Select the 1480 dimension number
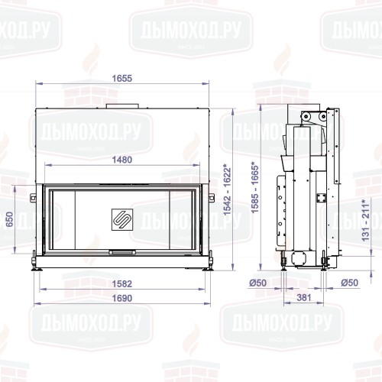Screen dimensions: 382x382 tap(121, 160)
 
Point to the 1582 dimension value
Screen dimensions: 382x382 tap(121, 283)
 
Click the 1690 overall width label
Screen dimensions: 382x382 tap(121, 298)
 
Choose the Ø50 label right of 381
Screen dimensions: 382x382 tap(349, 283)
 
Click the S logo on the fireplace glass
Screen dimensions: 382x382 tap(121, 216)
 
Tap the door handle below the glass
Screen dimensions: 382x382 tap(121, 251)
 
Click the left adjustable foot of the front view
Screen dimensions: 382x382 tap(36, 267)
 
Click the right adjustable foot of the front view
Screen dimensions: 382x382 tap(207, 267)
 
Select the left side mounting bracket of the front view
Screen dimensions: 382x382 tap(33, 199)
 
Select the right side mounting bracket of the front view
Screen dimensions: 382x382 tap(210, 199)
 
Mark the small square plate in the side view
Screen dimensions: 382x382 tap(322, 196)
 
